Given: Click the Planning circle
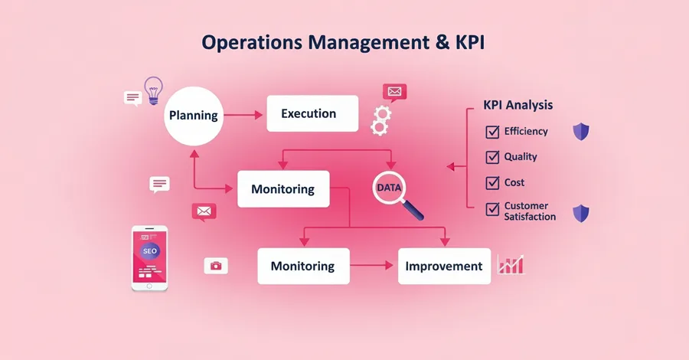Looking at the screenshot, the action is pyautogui.click(x=194, y=116).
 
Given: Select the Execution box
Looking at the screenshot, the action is pyautogui.click(x=312, y=113).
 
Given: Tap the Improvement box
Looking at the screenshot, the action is pyautogui.click(x=444, y=266).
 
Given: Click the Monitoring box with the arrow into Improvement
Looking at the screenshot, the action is pyautogui.click(x=304, y=266).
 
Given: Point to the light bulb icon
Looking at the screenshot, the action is pyautogui.click(x=153, y=90).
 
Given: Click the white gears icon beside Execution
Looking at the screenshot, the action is pyautogui.click(x=380, y=120).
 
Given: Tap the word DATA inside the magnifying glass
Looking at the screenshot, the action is pyautogui.click(x=389, y=188).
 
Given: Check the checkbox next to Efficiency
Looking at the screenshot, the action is pyautogui.click(x=492, y=132).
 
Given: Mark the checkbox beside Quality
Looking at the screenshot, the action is pyautogui.click(x=492, y=157).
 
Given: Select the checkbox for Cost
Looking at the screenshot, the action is pyautogui.click(x=492, y=182).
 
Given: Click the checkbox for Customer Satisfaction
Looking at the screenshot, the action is pyautogui.click(x=492, y=209).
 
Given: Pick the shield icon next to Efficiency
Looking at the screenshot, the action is pyautogui.click(x=581, y=132).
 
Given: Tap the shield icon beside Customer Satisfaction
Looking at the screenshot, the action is pyautogui.click(x=581, y=213).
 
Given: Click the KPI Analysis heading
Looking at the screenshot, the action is pyautogui.click(x=518, y=105).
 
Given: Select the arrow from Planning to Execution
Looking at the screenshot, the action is pyautogui.click(x=243, y=115).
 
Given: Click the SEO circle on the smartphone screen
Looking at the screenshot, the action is pyautogui.click(x=149, y=251).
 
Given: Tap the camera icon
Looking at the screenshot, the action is pyautogui.click(x=216, y=266).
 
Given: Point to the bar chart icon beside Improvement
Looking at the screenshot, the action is pyautogui.click(x=511, y=264).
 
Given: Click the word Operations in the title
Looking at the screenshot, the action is pyautogui.click(x=252, y=43).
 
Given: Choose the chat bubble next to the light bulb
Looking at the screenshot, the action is pyautogui.click(x=132, y=98).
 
